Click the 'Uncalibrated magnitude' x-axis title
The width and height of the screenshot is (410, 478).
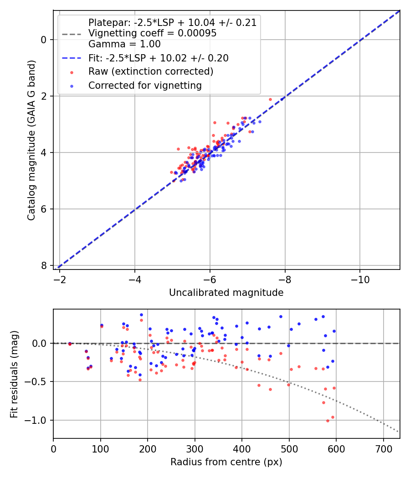226,293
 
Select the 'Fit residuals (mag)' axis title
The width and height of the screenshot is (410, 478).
14,373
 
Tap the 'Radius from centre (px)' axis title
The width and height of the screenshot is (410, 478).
226,462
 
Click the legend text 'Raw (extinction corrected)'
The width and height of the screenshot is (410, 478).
150,71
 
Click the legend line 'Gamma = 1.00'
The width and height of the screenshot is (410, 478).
124,44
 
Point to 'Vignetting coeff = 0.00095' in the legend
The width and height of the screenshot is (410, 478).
152,33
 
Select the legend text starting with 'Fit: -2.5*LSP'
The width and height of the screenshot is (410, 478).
158,58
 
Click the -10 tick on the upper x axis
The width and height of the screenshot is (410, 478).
359,278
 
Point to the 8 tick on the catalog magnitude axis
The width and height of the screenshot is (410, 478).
44,265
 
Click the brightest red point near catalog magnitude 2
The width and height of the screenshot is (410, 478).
270,99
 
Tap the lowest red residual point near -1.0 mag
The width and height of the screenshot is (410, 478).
328,421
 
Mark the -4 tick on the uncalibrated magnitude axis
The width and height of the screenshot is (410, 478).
134,278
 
